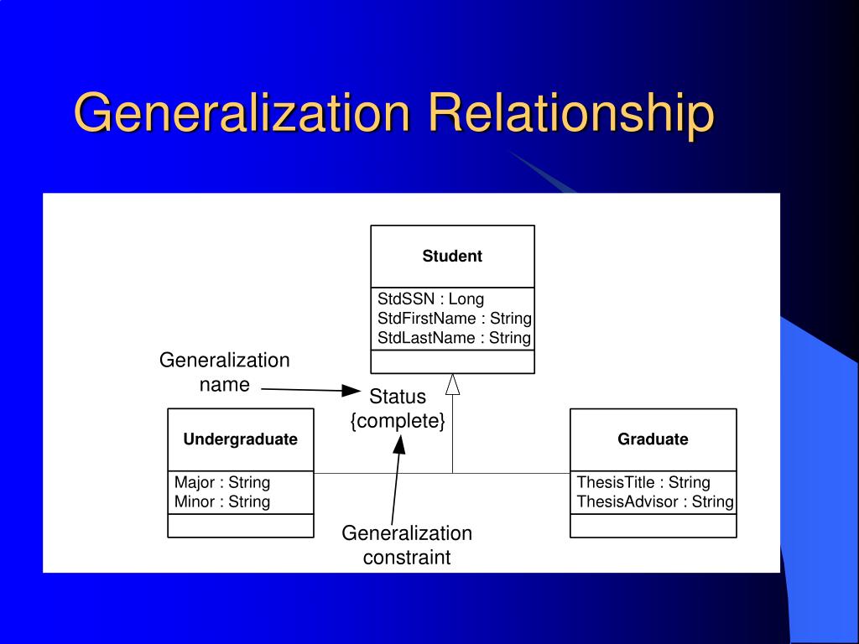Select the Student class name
tap(452, 257)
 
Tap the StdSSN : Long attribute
tap(430, 299)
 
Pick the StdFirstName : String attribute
tap(454, 318)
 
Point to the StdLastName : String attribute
tap(454, 338)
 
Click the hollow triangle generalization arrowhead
tap(453, 384)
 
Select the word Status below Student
tap(398, 397)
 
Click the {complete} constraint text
tap(398, 421)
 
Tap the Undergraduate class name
tap(241, 439)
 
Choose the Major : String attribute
tap(222, 482)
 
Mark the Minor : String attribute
tap(222, 501)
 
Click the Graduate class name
tap(653, 439)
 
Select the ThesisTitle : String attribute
tap(643, 482)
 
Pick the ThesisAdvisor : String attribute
tap(655, 501)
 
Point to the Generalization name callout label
tap(225, 372)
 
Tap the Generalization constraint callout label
tap(407, 545)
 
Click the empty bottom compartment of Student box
tap(452, 361)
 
